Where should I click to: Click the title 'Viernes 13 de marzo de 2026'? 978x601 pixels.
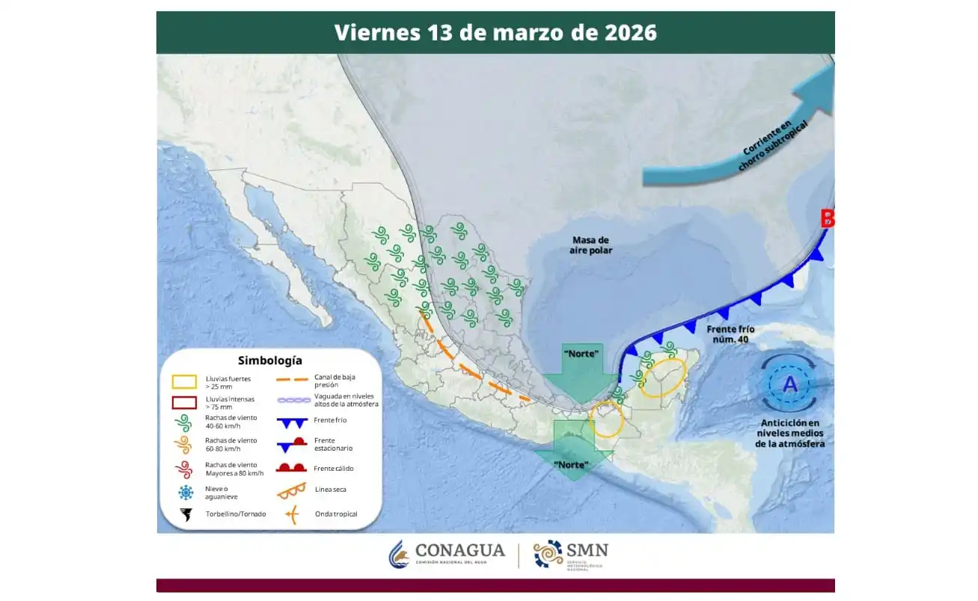tap(495, 33)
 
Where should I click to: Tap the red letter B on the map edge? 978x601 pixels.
tap(828, 219)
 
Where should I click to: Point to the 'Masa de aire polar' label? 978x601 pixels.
tap(592, 245)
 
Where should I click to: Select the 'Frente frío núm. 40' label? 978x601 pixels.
tap(730, 335)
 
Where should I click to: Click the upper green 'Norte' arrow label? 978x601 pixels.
tap(582, 353)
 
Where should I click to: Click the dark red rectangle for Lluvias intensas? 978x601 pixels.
tap(184, 403)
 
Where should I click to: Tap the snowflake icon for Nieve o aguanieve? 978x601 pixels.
tap(184, 492)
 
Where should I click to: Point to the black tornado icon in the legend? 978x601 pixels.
tap(184, 515)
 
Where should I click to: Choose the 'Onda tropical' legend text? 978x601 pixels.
tap(335, 514)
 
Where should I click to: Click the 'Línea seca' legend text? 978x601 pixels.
tap(330, 489)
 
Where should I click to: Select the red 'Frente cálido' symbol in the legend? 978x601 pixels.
tap(292, 468)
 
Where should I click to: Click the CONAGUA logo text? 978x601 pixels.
tap(459, 551)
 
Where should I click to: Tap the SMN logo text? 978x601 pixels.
tap(590, 551)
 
